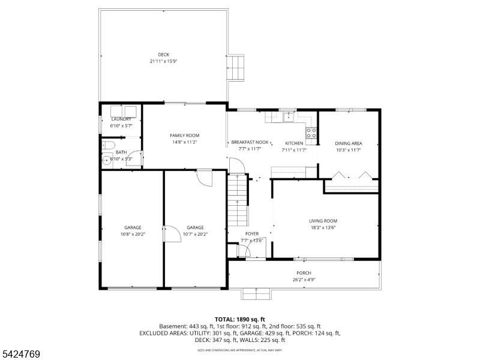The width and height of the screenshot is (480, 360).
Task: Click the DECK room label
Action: tap(164, 55)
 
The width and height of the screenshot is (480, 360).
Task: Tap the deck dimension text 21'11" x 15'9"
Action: tap(164, 61)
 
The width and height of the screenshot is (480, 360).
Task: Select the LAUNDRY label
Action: tap(121, 119)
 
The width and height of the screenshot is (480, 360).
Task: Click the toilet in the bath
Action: tap(108, 145)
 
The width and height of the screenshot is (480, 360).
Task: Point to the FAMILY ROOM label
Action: tap(184, 136)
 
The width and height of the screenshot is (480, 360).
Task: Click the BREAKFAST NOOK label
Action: tap(246, 143)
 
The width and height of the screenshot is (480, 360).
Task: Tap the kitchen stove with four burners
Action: tap(311, 134)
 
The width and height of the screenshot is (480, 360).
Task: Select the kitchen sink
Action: tap(289, 116)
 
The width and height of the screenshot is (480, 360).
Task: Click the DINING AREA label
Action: tap(348, 143)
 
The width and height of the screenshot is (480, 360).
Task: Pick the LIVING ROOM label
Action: tap(323, 221)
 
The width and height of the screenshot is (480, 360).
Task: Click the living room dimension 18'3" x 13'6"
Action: tap(323, 227)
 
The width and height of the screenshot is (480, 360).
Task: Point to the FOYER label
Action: tap(252, 233)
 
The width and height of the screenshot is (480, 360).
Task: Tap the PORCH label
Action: tap(304, 273)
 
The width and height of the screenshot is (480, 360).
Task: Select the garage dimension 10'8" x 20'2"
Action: tap(133, 234)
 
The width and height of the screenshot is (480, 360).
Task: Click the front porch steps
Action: tap(256, 294)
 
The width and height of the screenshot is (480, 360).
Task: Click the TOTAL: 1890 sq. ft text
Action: tap(239, 319)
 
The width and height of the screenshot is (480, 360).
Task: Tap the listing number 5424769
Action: tap(21, 355)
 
